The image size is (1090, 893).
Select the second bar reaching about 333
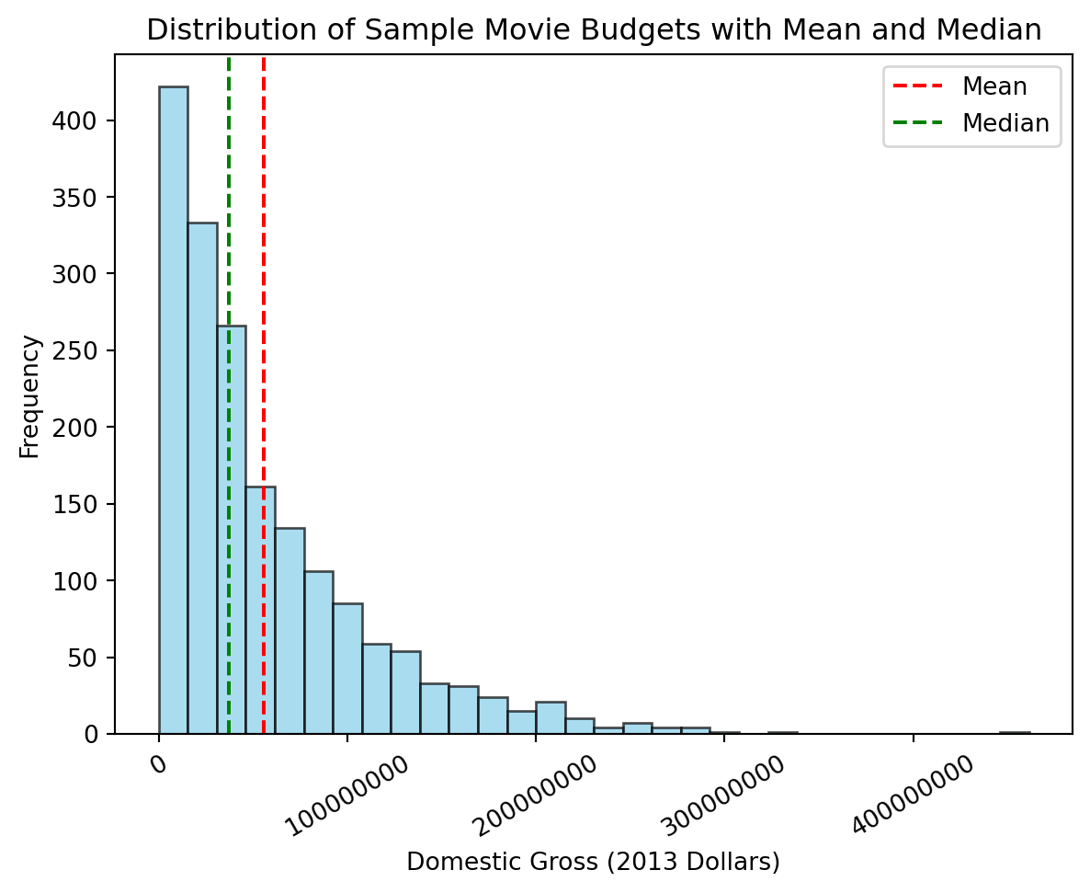point(202,478)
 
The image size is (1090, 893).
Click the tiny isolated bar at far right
point(1015,733)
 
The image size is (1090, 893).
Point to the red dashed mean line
point(264,276)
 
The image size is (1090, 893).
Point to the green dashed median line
point(229,276)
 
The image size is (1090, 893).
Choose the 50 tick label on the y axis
point(93,658)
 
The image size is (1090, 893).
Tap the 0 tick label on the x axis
point(158,763)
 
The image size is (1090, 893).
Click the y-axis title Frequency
point(30,396)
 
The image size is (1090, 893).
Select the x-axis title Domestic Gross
point(593,862)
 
